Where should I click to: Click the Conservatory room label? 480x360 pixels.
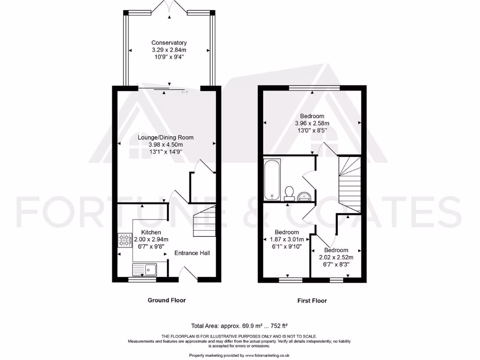tap(169, 43)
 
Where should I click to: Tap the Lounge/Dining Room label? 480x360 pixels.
tap(165, 137)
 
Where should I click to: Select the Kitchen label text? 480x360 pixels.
tap(151, 232)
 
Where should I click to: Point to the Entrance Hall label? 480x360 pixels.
tap(192, 253)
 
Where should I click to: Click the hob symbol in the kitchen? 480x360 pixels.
tap(125, 240)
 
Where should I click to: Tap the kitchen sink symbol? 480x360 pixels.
tap(146, 270)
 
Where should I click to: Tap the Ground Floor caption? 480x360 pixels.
tap(166, 300)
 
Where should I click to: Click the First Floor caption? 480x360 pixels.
tap(312, 301)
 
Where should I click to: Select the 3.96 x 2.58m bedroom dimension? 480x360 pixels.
tap(312, 123)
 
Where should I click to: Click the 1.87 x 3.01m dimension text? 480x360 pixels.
tap(286, 239)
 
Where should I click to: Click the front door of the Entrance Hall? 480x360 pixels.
tap(189, 274)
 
